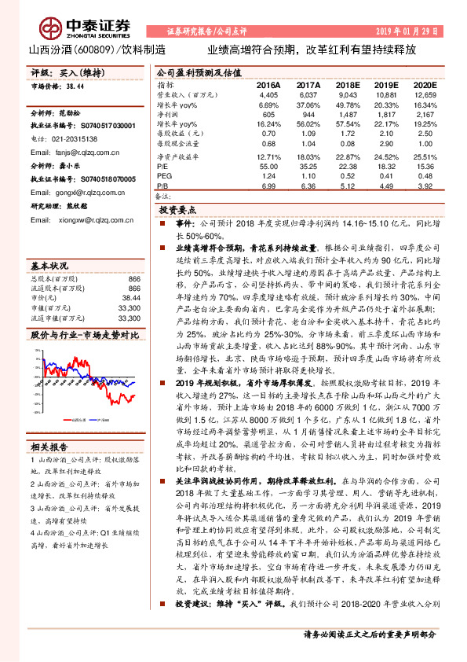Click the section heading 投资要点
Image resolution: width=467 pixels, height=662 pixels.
click(177, 211)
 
